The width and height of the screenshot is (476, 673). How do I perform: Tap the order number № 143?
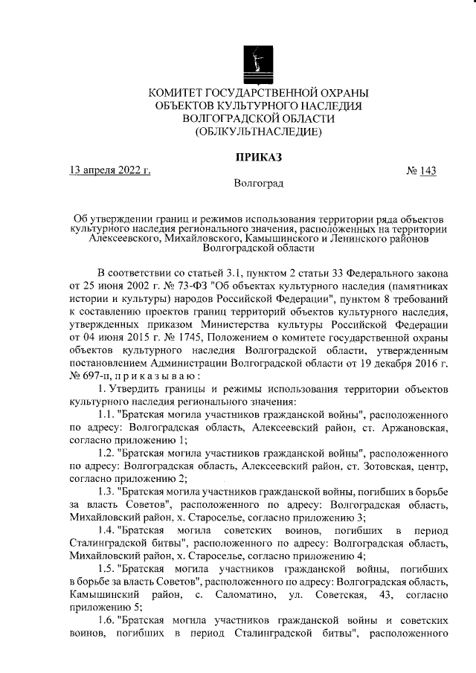[x=422, y=170]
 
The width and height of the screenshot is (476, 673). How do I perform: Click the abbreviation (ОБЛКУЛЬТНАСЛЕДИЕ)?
[x=258, y=132]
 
